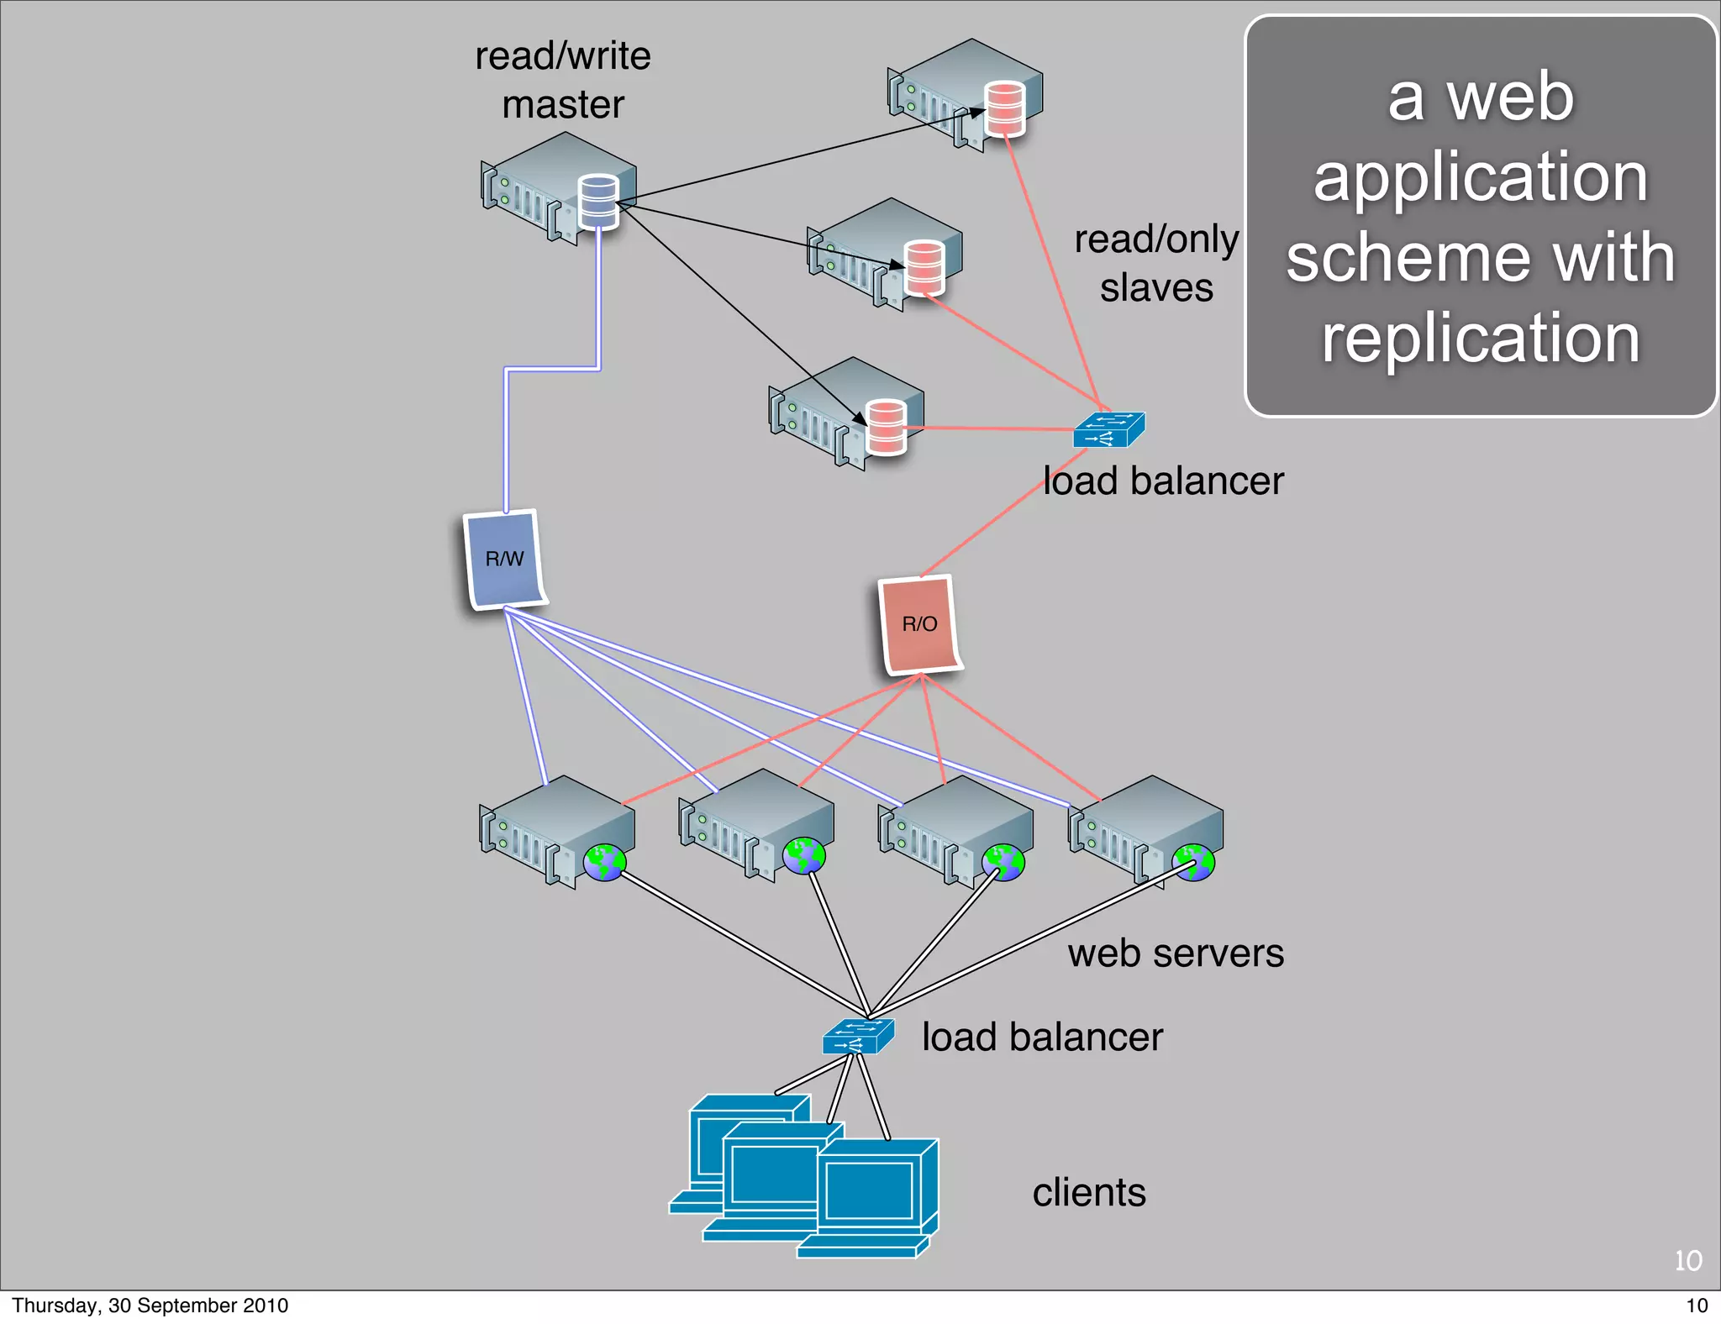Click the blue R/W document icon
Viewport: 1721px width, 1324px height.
pyautogui.click(x=504, y=559)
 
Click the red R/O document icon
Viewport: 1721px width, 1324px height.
pyautogui.click(x=919, y=624)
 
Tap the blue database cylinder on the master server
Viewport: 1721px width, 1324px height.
pyautogui.click(x=599, y=201)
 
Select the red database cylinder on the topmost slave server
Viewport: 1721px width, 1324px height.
pyautogui.click(x=1005, y=108)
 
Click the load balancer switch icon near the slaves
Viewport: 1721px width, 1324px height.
pyautogui.click(x=1108, y=429)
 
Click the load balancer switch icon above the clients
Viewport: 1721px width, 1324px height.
pyautogui.click(x=858, y=1036)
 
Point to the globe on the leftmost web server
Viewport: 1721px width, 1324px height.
pyautogui.click(x=605, y=863)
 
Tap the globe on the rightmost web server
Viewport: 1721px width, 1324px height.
pyautogui.click(x=1194, y=863)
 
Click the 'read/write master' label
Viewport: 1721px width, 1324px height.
pyautogui.click(x=562, y=80)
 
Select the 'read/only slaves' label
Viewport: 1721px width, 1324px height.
pyautogui.click(x=1156, y=263)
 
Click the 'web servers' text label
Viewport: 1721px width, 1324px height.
pyautogui.click(x=1176, y=954)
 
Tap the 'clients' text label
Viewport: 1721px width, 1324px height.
pyautogui.click(x=1088, y=1192)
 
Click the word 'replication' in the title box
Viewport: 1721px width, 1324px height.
pyautogui.click(x=1481, y=338)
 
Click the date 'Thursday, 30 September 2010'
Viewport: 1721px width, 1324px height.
pyautogui.click(x=150, y=1306)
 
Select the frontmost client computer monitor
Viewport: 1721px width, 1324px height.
pyautogui.click(x=870, y=1190)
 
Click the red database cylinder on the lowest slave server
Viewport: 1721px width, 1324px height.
pyautogui.click(x=886, y=427)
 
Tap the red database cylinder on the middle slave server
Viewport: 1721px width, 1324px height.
pyautogui.click(x=924, y=267)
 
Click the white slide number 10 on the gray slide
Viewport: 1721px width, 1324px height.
pyautogui.click(x=1687, y=1260)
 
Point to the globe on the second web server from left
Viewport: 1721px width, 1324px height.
pyautogui.click(x=804, y=856)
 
